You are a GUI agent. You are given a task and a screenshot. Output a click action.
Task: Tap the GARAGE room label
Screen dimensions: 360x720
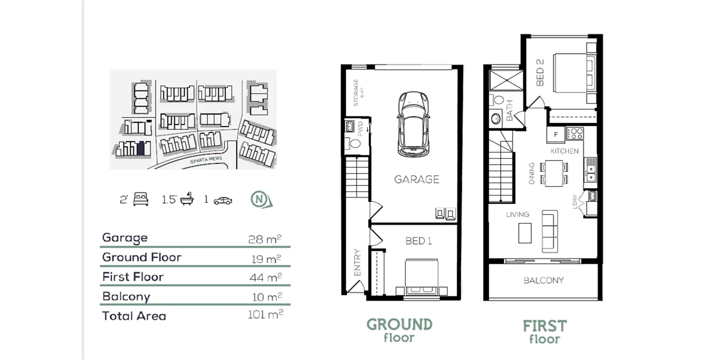(x=416, y=179)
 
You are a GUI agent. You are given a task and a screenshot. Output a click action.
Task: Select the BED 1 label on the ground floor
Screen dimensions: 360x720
(x=418, y=241)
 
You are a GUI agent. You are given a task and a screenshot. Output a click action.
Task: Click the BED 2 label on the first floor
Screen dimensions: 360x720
(x=540, y=72)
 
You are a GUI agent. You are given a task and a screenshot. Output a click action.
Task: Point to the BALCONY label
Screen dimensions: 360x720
(x=543, y=280)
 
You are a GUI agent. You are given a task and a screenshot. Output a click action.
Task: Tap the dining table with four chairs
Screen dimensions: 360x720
(x=554, y=173)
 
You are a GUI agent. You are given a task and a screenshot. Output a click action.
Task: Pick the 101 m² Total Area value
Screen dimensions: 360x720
(x=265, y=314)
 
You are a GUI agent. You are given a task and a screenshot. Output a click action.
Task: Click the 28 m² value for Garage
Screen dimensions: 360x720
(x=265, y=238)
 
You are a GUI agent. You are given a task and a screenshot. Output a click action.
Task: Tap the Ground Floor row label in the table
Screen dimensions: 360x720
(x=142, y=257)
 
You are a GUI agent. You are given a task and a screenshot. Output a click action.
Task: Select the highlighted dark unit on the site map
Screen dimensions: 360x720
(x=141, y=148)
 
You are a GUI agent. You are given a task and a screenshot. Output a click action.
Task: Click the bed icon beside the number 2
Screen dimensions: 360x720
(x=141, y=199)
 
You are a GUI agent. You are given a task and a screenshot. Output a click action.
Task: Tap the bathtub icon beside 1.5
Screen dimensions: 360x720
(x=187, y=200)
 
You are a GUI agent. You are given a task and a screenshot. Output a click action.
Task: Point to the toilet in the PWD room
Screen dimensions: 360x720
(x=355, y=143)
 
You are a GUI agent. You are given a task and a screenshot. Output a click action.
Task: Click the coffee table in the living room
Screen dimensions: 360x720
(x=525, y=232)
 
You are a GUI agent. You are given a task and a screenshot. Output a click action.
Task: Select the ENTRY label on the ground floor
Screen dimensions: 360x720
(x=357, y=262)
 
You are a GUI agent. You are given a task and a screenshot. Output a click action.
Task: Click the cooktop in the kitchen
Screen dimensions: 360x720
(x=575, y=133)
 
